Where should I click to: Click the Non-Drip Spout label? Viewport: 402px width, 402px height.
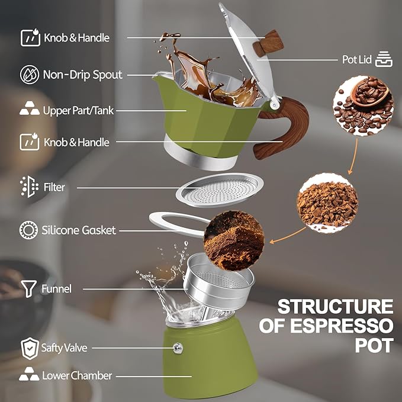tap(82, 75)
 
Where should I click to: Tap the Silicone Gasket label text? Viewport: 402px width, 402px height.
tap(79, 230)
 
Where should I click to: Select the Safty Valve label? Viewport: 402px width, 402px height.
tap(64, 348)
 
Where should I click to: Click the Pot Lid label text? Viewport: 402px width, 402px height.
tap(357, 60)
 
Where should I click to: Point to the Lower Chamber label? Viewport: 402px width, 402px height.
tap(77, 375)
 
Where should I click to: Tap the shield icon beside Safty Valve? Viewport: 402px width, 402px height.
tap(29, 348)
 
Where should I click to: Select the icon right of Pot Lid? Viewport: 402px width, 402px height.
tap(384, 59)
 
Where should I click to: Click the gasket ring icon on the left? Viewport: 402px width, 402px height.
tap(28, 230)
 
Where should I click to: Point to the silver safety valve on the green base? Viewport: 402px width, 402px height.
tap(176, 348)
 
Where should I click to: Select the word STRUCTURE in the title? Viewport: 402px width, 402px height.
tap(335, 307)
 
